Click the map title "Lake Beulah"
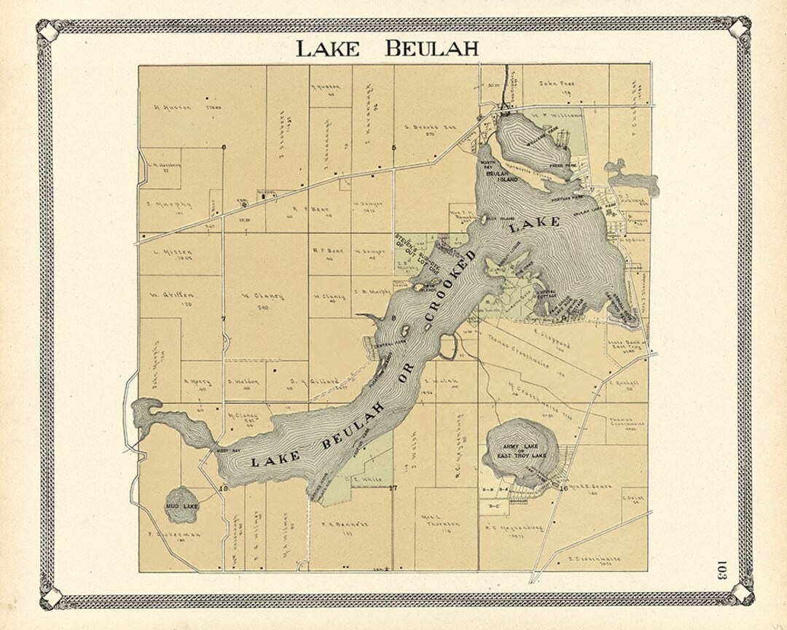387,49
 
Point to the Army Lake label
520,446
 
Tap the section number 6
224,148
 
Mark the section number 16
563,489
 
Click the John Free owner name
557,84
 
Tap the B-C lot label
493,503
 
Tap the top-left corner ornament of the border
47,31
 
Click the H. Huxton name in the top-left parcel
173,106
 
